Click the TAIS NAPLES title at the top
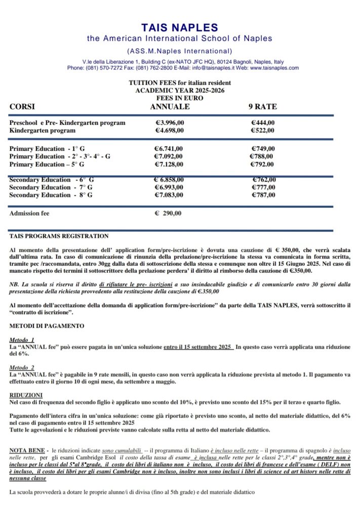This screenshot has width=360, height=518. tap(180, 27)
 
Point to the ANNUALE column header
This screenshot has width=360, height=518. tap(170, 107)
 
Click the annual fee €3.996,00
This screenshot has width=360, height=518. tap(169, 123)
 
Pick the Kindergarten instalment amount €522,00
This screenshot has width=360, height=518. tap(263, 131)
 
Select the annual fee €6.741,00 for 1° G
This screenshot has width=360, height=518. tap(169, 149)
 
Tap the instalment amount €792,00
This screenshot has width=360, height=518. tap(263, 164)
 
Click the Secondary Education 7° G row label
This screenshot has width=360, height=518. tap(51, 188)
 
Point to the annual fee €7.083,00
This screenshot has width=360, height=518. tap(169, 195)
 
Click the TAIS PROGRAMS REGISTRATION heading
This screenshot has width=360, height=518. tap(59, 236)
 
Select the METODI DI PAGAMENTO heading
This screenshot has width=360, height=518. tap(47, 326)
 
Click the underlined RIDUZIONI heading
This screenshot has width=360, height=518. tap(26, 395)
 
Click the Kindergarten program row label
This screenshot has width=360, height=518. tap(43, 131)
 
